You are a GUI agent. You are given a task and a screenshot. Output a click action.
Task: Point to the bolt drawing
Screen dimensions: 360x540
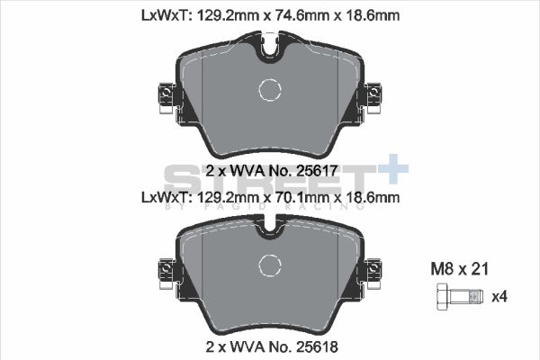454,295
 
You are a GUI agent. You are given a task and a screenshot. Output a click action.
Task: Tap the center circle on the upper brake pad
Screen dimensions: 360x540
271,89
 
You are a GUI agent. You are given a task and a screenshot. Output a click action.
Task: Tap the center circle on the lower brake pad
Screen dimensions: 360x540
271,265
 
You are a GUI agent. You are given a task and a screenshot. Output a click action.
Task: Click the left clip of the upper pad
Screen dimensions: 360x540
165,97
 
